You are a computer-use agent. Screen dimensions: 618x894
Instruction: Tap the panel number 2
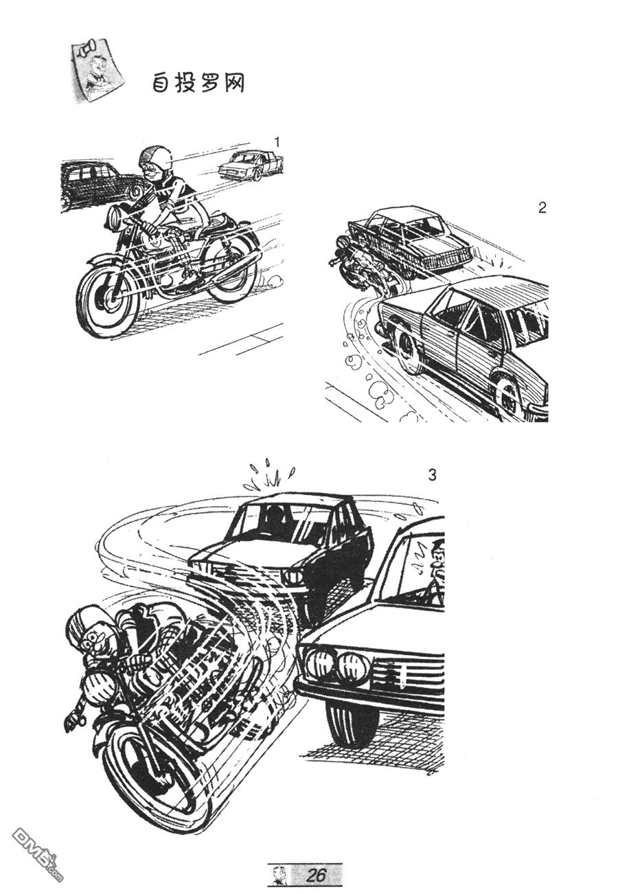pyautogui.click(x=542, y=207)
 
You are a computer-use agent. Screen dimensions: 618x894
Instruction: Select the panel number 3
pyautogui.click(x=432, y=475)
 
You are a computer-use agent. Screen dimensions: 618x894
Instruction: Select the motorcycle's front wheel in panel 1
pyautogui.click(x=108, y=296)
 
